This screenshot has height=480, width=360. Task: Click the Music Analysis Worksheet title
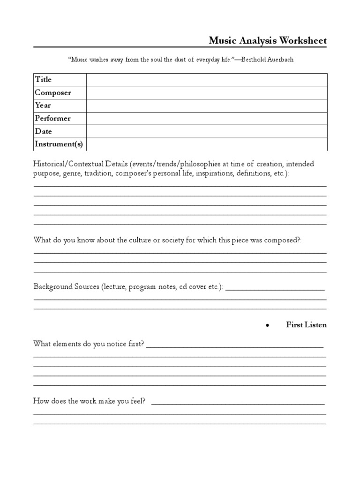point(268,41)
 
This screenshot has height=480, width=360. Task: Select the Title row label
point(43,79)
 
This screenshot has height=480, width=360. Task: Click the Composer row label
point(52,92)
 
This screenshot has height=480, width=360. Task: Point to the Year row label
point(43,105)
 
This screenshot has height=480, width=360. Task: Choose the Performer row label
point(52,118)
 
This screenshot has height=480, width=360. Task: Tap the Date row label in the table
point(43,131)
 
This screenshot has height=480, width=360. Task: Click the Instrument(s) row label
point(59,144)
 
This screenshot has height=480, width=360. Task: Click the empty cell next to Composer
point(206,92)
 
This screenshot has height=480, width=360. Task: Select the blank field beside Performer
point(206,118)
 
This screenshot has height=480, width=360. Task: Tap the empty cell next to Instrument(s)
point(206,144)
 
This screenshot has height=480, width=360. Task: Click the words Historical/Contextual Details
point(81,164)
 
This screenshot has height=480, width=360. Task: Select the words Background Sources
point(66,286)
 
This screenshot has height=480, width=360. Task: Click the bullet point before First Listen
point(267,325)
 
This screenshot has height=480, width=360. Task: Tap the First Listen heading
point(306,325)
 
